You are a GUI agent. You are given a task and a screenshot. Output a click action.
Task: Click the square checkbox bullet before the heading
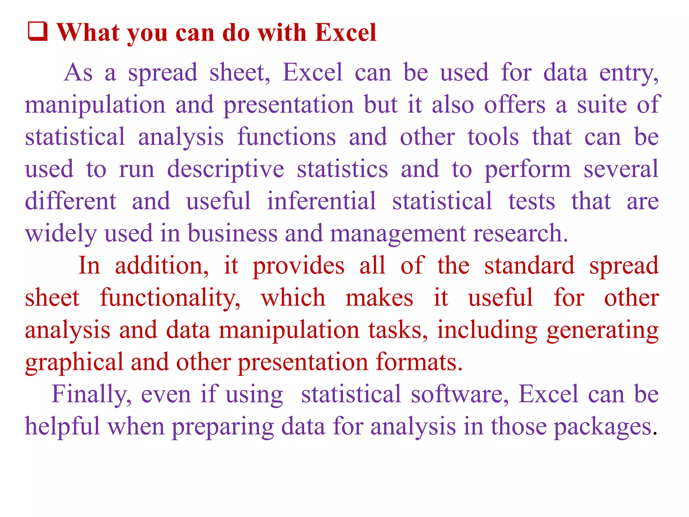tap(37, 32)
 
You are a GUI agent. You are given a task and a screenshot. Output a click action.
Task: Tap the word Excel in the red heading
tap(346, 33)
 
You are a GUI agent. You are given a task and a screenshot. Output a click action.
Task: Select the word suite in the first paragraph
tap(602, 105)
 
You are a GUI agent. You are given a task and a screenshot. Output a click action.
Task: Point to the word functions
tap(287, 137)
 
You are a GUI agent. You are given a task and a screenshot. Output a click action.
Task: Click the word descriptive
tap(225, 169)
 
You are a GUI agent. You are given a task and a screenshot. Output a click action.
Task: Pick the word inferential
tap(321, 201)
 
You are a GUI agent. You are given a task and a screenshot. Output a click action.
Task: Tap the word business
tap(232, 233)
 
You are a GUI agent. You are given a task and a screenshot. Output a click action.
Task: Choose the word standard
tap(529, 266)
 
